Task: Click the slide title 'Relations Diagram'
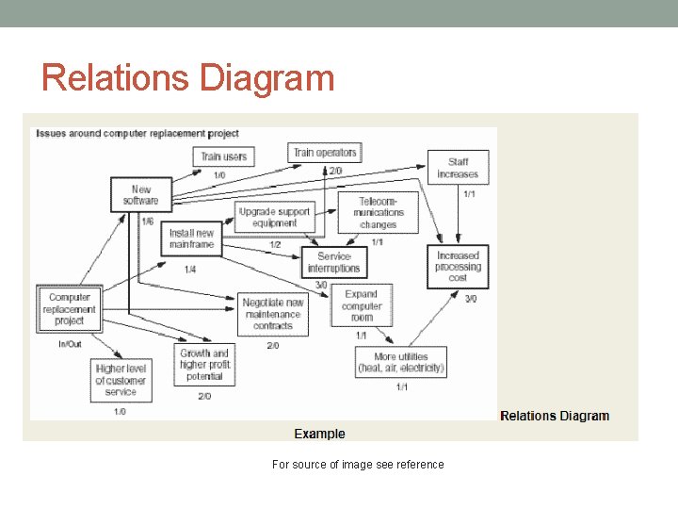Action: coord(188,77)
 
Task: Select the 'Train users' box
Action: coord(223,156)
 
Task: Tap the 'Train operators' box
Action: coord(325,152)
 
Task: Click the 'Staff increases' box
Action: coord(458,168)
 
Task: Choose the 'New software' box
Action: coord(140,194)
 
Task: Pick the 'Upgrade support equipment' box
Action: coord(274,218)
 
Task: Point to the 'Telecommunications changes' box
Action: coord(378,213)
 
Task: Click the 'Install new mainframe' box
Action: coord(192,238)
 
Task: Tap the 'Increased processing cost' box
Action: coord(458,267)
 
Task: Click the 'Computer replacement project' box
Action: coord(70,308)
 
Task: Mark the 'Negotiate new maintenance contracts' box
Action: coord(273,314)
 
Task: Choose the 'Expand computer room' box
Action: coord(362,305)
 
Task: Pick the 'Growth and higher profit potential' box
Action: coord(204,365)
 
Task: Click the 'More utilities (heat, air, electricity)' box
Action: coord(400,363)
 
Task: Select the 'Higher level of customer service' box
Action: coord(121,380)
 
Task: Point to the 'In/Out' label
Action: coord(70,345)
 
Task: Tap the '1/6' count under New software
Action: coord(148,222)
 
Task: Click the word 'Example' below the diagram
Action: coord(319,434)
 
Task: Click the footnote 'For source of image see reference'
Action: coord(357,464)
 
